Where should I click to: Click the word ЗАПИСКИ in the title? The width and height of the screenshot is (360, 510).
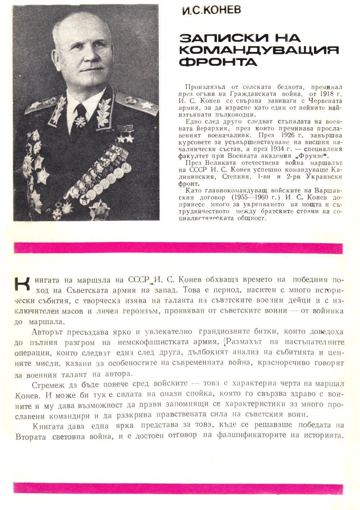tap(212, 39)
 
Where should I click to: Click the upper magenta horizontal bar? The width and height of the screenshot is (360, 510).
tap(178, 248)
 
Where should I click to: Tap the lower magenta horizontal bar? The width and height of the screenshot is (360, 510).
tap(178, 488)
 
